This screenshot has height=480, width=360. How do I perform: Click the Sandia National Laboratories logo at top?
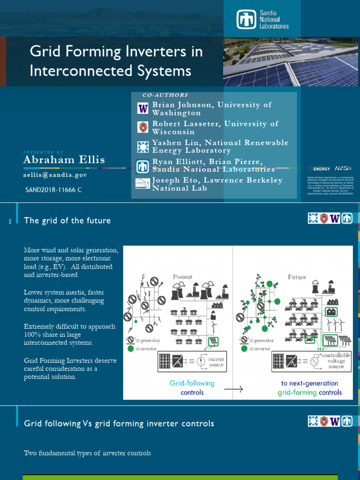click(263, 20)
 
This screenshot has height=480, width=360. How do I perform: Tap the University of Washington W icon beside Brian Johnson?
click(142, 109)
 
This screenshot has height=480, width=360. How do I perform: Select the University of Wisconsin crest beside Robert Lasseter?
click(142, 127)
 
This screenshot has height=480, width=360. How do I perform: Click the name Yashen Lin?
click(173, 142)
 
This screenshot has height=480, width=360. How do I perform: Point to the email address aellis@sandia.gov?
click(55, 175)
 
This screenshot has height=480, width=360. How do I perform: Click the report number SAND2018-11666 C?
click(53, 190)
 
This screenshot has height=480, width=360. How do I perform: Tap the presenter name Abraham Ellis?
click(64, 160)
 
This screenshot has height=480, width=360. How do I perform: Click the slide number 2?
click(10, 221)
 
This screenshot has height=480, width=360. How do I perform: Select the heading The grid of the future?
click(67, 220)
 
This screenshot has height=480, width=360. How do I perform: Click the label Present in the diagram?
click(183, 277)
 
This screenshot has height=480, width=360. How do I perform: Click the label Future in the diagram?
click(297, 277)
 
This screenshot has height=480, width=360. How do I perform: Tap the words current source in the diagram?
click(217, 362)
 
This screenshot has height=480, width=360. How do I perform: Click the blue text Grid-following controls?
click(192, 388)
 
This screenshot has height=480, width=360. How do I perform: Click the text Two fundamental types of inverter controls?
click(87, 453)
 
